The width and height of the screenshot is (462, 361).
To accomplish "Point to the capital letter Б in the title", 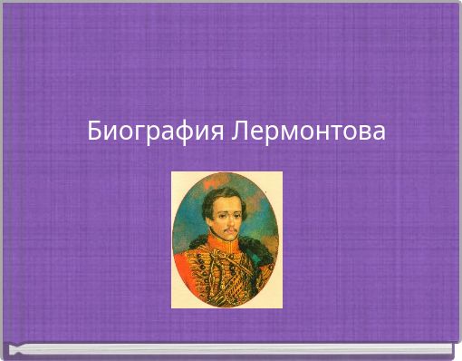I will pos(95,132).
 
